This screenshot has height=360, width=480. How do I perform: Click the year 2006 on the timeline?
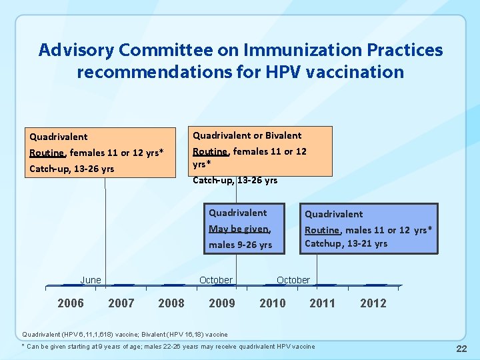71,303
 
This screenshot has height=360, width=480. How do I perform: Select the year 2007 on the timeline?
121,303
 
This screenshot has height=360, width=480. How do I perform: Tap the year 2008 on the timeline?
171,303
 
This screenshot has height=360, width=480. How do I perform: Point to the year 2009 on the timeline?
222,303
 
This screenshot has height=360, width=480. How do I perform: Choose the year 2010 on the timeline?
273,303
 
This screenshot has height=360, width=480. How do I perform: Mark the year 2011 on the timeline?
323,303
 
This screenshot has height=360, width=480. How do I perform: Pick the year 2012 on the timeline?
373,303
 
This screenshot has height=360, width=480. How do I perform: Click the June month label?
91,280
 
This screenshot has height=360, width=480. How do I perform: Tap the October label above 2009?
216,280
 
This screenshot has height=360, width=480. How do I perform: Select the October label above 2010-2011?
293,280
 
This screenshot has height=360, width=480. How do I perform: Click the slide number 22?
461,349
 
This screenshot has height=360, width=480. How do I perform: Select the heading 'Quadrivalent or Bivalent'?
247,135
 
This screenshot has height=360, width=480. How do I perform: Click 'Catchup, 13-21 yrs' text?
346,243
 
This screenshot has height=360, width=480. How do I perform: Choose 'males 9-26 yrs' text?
241,245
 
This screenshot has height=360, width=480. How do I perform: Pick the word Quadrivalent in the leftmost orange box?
59,137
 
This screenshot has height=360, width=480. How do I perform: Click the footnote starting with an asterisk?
168,347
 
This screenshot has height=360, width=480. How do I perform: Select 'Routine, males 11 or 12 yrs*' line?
368,230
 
